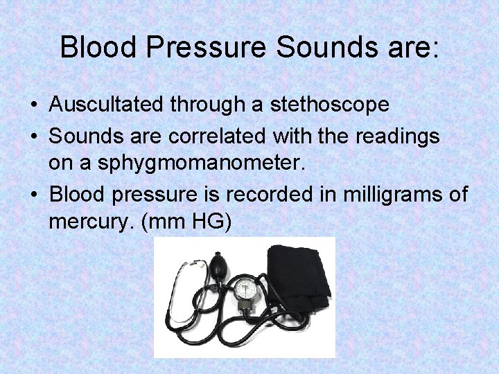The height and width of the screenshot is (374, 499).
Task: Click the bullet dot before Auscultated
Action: click(34, 105)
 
